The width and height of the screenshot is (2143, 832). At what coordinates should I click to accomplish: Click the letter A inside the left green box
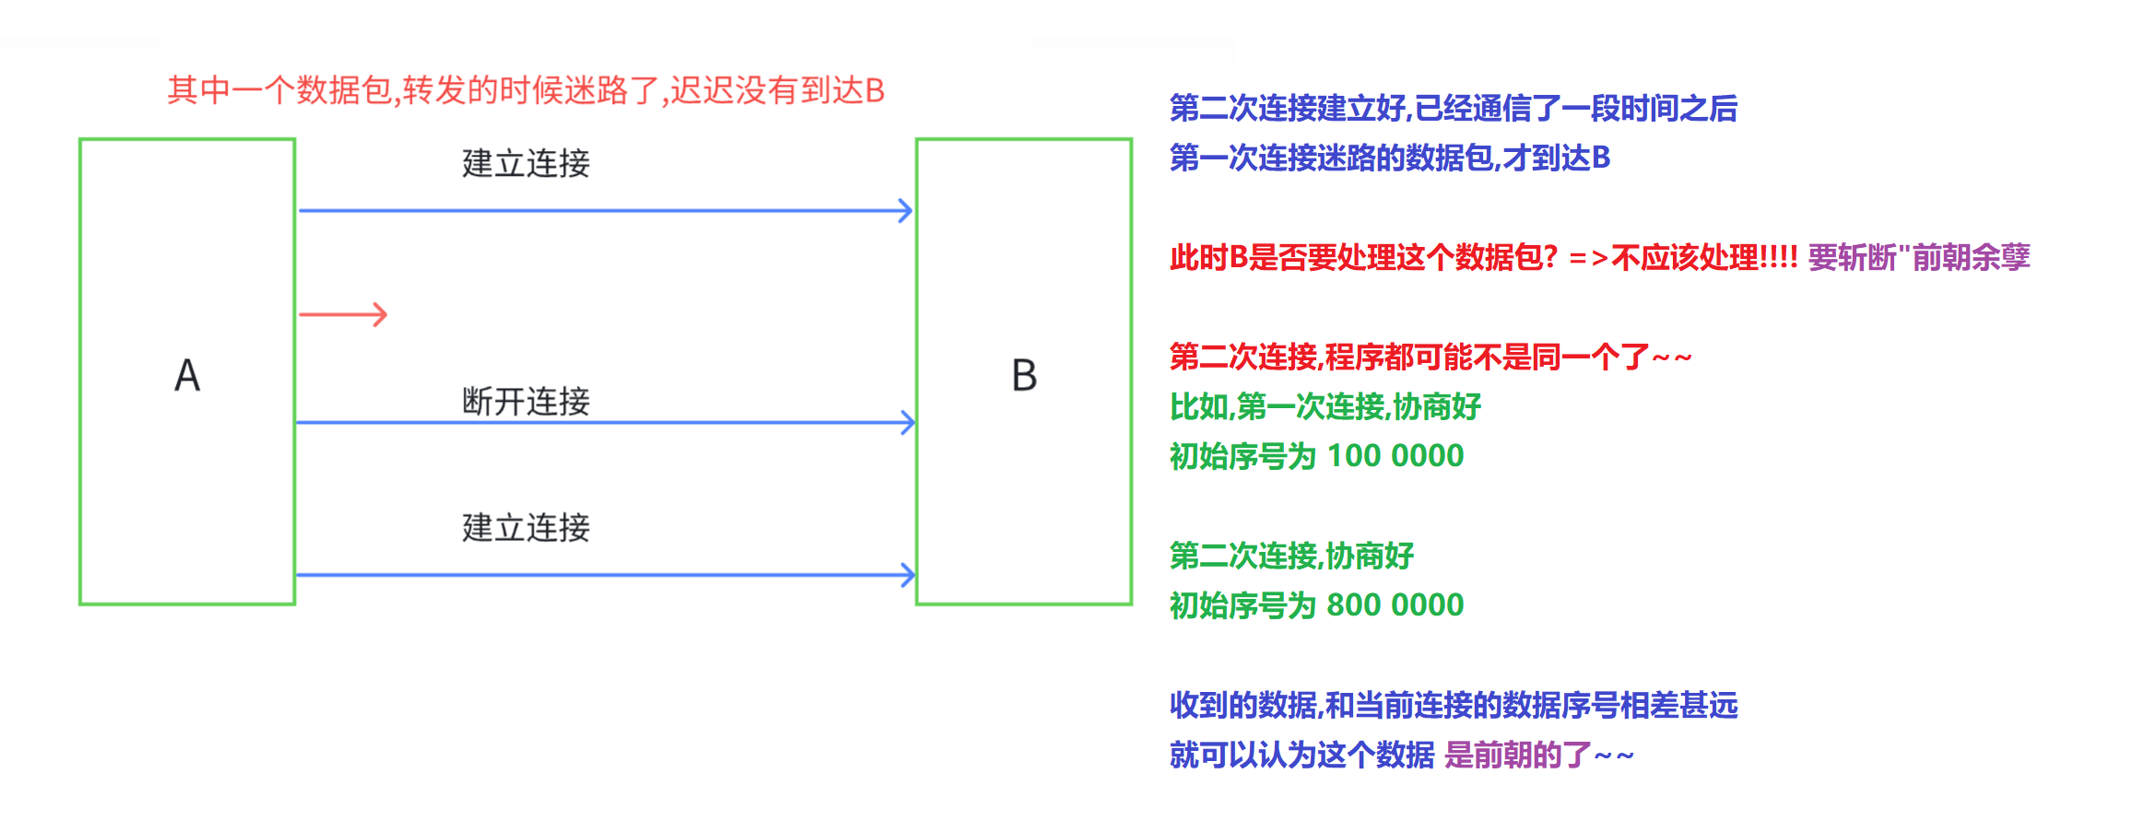(x=187, y=376)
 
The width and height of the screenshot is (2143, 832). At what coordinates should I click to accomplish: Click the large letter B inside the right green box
(x=1024, y=376)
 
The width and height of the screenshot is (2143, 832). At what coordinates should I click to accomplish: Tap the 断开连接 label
(x=525, y=402)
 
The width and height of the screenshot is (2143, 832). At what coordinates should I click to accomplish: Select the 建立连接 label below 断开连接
(x=525, y=528)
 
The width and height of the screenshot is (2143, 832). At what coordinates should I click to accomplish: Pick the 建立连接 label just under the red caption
(x=525, y=163)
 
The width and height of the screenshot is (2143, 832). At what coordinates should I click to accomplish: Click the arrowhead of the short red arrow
(x=381, y=315)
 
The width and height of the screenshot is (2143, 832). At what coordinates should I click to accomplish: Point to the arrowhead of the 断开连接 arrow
(x=908, y=423)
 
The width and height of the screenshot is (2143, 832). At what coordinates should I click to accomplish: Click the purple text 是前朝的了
(x=1517, y=756)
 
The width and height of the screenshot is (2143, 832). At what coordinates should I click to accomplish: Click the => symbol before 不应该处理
(x=1588, y=258)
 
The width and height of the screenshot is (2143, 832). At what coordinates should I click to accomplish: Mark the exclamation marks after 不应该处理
(x=1778, y=258)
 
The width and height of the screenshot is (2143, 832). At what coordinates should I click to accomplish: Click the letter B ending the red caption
(x=875, y=91)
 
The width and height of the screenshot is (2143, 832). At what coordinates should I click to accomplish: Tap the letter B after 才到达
(x=1601, y=158)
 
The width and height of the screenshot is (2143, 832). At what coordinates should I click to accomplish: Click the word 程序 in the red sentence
(x=1353, y=357)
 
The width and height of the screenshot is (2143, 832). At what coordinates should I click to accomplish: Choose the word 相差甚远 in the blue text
(x=1678, y=706)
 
